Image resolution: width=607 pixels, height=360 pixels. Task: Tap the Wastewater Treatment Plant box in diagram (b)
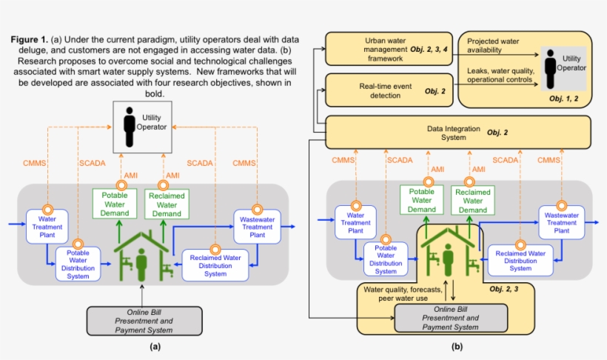pos(561,221)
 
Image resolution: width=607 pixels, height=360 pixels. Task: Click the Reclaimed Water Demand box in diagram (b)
pos(472,201)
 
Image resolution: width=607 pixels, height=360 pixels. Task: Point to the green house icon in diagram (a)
pos(141,251)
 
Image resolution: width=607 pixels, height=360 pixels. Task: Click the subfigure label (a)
pos(155,346)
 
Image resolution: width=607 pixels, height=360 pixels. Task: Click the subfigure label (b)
pos(457,346)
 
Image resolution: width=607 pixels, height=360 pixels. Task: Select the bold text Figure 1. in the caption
pos(31,39)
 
